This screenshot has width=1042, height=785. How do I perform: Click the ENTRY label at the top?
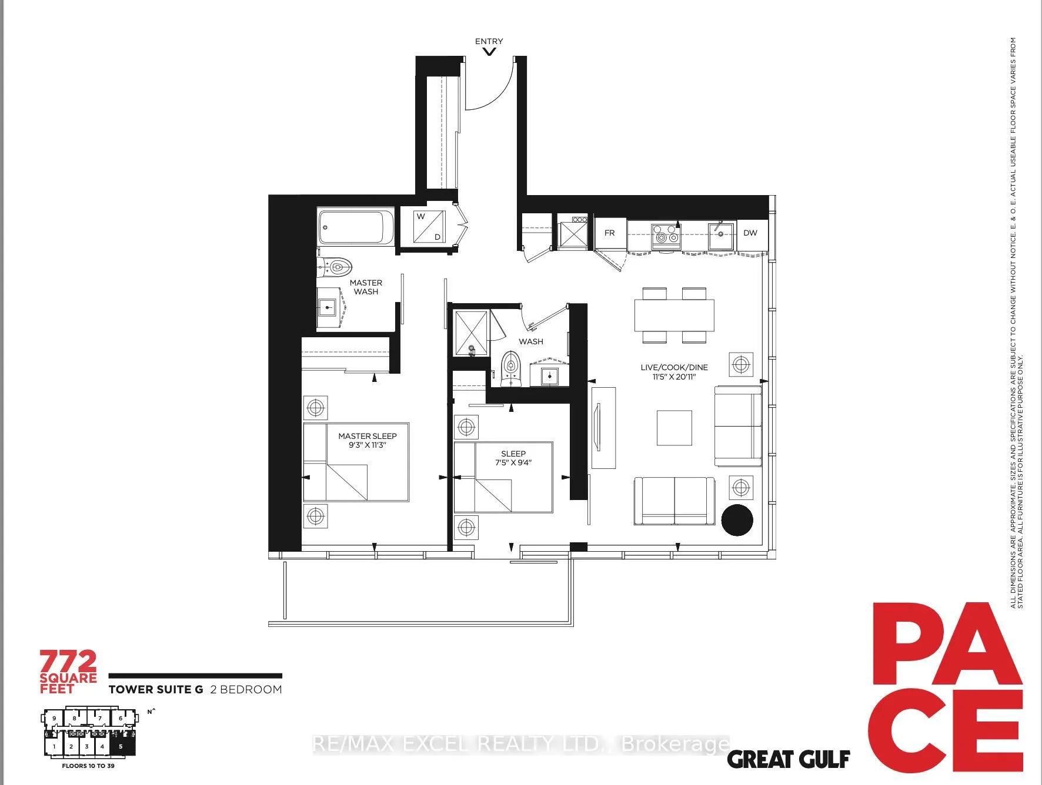(x=489, y=41)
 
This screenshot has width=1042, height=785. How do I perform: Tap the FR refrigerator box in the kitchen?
(x=609, y=233)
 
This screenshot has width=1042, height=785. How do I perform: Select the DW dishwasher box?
(x=750, y=233)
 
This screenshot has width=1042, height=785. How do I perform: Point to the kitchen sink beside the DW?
(x=720, y=235)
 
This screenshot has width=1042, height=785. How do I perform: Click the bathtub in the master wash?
(x=356, y=227)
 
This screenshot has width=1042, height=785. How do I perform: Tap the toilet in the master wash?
(x=336, y=267)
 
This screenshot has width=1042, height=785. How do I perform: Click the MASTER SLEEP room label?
(x=367, y=436)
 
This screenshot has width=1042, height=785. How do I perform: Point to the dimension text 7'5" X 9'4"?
(x=513, y=462)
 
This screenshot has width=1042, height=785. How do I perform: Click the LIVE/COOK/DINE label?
(x=674, y=367)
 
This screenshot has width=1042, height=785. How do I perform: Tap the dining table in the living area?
(x=674, y=316)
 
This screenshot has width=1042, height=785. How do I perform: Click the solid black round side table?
(x=737, y=520)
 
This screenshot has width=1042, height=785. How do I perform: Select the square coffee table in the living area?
(x=674, y=428)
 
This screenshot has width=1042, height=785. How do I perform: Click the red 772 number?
(x=68, y=662)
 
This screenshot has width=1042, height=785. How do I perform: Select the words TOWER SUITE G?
(x=156, y=690)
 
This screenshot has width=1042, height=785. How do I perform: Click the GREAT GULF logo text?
(x=788, y=760)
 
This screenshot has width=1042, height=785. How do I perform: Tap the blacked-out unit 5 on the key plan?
(x=122, y=746)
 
